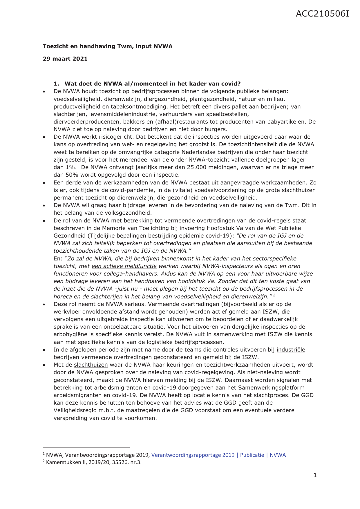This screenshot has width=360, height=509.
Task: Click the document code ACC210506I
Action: [322, 14]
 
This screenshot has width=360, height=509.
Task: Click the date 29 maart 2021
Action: [65, 59]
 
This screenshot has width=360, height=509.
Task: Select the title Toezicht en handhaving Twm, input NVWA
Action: [107, 46]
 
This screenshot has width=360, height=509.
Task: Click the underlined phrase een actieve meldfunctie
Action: [124, 266]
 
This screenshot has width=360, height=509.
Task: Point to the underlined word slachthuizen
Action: [91, 365]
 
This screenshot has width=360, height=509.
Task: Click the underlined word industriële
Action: [291, 350]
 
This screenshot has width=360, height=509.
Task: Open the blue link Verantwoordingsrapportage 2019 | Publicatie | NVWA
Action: [218, 455]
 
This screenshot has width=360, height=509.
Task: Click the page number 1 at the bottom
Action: [315, 475]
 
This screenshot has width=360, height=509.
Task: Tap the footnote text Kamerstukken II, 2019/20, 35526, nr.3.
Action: [93, 462]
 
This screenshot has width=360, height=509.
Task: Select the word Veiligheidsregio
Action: [75, 410]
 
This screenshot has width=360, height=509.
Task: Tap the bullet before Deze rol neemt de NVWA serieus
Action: [44, 305]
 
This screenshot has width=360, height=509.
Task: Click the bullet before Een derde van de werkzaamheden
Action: [44, 183]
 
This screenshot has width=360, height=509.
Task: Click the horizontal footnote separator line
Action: [86, 448]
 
